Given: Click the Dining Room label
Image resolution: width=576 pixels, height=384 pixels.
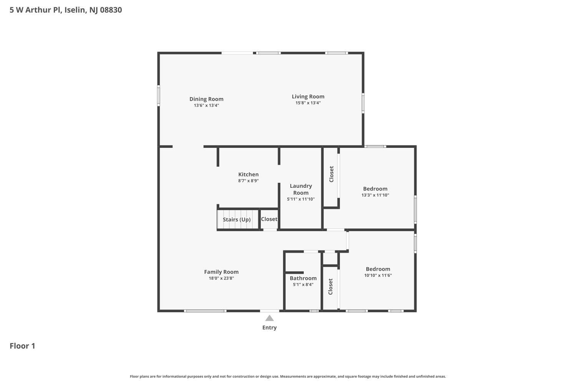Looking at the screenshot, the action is click(x=206, y=99).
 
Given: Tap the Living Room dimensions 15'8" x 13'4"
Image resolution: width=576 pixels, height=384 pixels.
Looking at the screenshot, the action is click(x=308, y=103).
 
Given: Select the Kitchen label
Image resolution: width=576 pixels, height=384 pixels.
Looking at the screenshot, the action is click(x=248, y=174).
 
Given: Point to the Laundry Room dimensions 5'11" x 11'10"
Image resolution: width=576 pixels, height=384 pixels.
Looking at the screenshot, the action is click(x=301, y=199).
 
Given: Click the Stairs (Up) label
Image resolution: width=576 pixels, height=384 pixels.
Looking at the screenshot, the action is click(x=237, y=220).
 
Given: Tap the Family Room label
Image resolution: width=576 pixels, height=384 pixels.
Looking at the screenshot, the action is click(x=222, y=272).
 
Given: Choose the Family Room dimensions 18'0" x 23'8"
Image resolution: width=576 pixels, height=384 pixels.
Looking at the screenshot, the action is click(x=222, y=278).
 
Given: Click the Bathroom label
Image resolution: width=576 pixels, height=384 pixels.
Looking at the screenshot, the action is click(x=303, y=278).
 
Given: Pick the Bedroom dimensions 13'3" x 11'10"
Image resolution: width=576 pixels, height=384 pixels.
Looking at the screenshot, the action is click(x=375, y=195).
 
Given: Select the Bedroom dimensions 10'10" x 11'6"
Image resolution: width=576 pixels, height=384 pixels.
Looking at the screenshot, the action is click(x=378, y=275).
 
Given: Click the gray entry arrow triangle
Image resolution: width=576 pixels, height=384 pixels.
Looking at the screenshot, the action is click(x=270, y=318).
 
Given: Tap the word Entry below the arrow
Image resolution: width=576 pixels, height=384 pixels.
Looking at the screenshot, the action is click(x=270, y=328).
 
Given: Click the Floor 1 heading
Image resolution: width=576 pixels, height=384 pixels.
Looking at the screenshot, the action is click(x=22, y=346).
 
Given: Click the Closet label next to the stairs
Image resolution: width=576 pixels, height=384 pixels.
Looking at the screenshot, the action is click(x=269, y=219).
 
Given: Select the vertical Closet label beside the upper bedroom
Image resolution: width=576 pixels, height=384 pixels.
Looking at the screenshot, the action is click(x=331, y=174).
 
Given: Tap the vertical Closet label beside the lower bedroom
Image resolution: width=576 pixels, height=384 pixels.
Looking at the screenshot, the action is click(x=331, y=286).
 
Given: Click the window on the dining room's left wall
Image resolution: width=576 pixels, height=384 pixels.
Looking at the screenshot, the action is click(x=158, y=95).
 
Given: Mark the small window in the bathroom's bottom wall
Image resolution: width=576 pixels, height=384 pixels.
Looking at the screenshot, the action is click(x=314, y=311).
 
